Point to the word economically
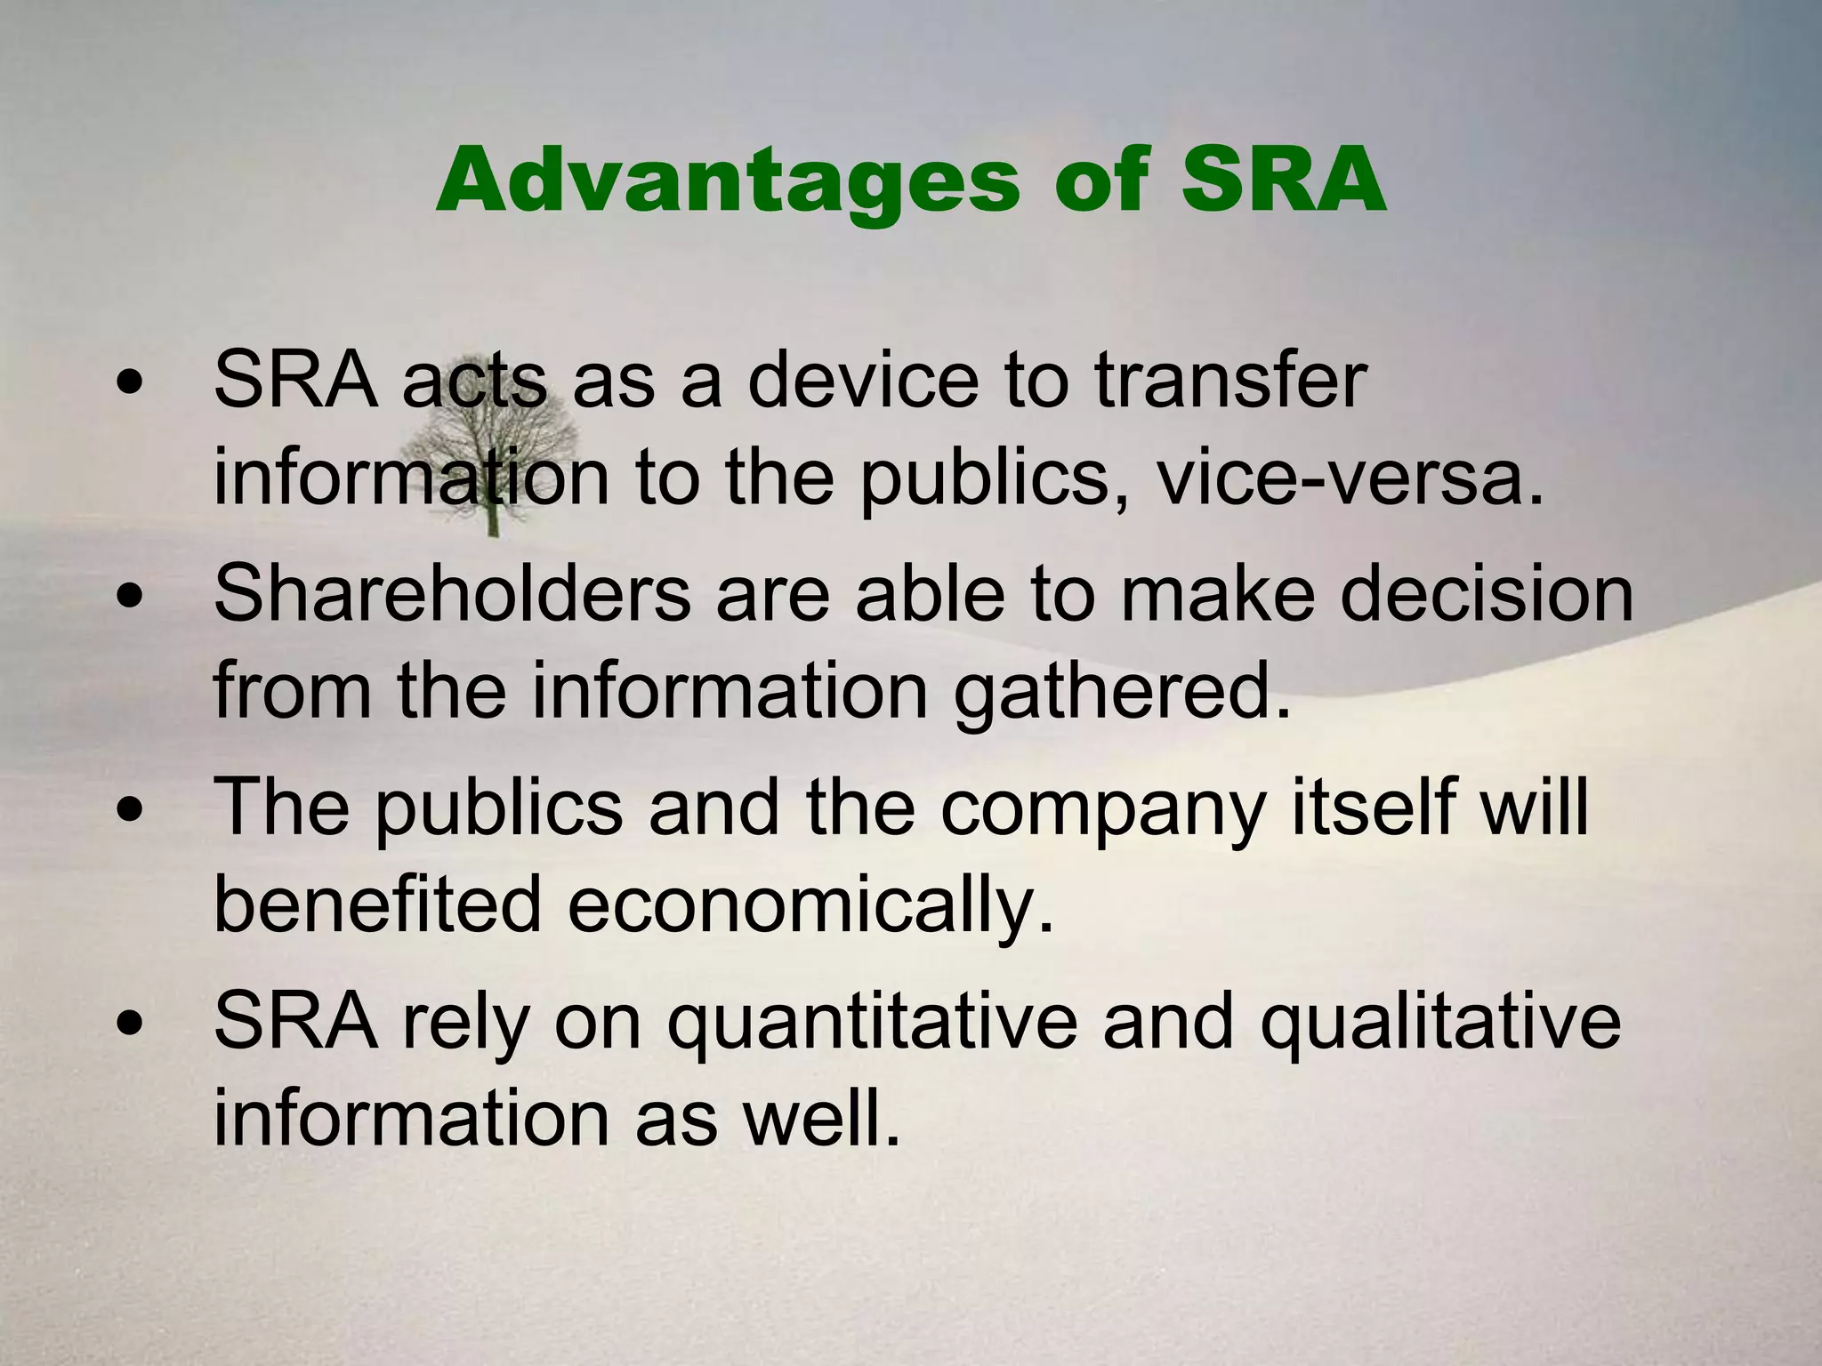[810, 905]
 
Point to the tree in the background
[492, 462]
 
